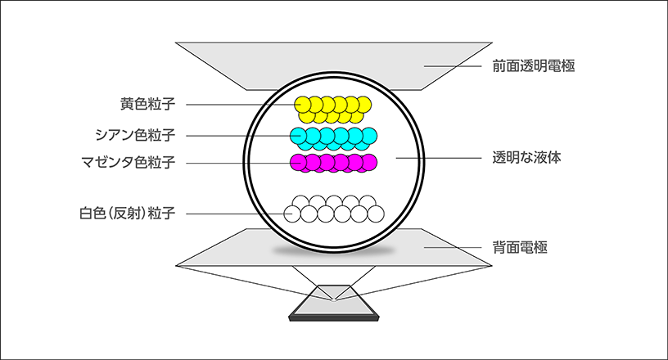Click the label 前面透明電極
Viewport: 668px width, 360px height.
point(534,66)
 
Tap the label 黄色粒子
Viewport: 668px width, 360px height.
point(147,104)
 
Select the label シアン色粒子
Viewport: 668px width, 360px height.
point(135,135)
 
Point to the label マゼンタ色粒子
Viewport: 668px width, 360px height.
point(129,162)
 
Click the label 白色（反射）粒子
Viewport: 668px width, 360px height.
point(128,213)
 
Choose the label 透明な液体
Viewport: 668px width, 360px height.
point(526,158)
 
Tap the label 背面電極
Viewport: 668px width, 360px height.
point(520,248)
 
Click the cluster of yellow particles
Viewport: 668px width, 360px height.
point(332,110)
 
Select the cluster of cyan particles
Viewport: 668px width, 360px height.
point(333,138)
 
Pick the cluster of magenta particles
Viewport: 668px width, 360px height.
point(333,163)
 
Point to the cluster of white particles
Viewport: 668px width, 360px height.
point(334,209)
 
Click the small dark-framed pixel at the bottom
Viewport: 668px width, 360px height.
point(334,303)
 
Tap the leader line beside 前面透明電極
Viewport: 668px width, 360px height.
point(453,66)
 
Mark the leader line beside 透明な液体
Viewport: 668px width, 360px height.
point(439,158)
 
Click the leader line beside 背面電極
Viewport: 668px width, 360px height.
point(453,247)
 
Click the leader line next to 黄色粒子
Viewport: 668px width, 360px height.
point(244,105)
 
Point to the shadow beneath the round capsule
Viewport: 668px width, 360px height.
point(333,251)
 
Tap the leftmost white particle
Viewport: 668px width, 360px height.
point(292,214)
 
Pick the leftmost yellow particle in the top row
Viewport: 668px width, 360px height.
point(303,105)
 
